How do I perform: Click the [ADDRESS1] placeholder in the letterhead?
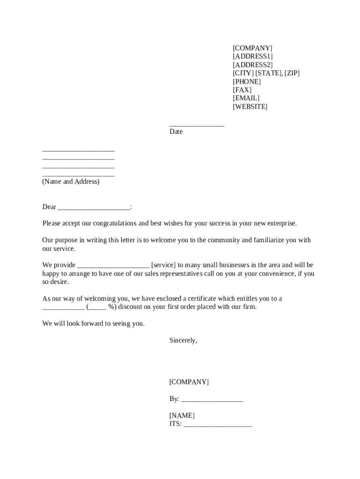252,57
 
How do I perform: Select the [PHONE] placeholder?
246,82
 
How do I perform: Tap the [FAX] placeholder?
242,90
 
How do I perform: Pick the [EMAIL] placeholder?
246,98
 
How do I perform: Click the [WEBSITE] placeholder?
250,107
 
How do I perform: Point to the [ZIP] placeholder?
292,73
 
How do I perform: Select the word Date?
176,132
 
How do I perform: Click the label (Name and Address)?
71,181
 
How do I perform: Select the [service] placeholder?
163,265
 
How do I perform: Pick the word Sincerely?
183,341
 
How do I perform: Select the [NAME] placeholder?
182,416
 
